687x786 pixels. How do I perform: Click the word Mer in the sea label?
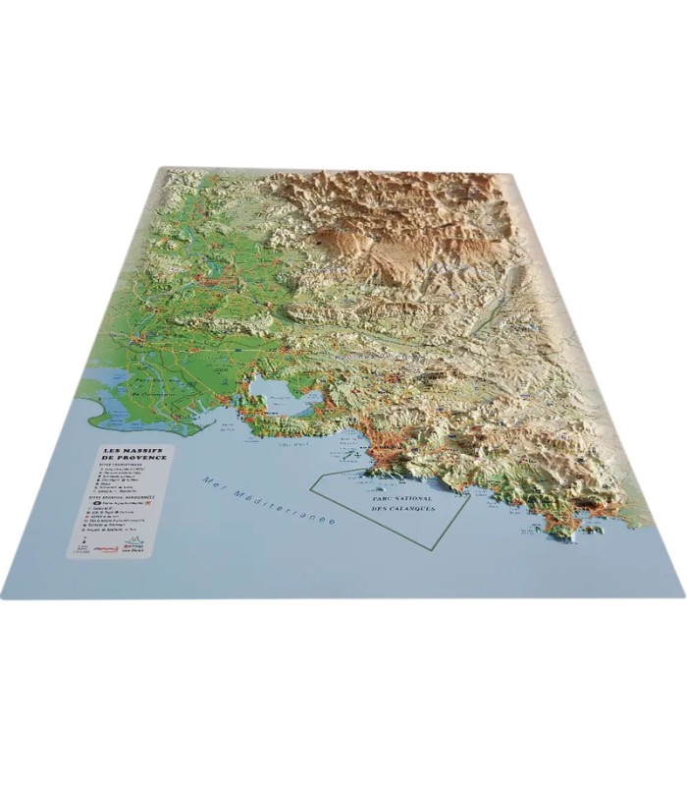coord(210,479)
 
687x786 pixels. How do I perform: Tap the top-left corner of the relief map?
coord(163,168)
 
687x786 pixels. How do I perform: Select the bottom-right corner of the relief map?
coord(684,594)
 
